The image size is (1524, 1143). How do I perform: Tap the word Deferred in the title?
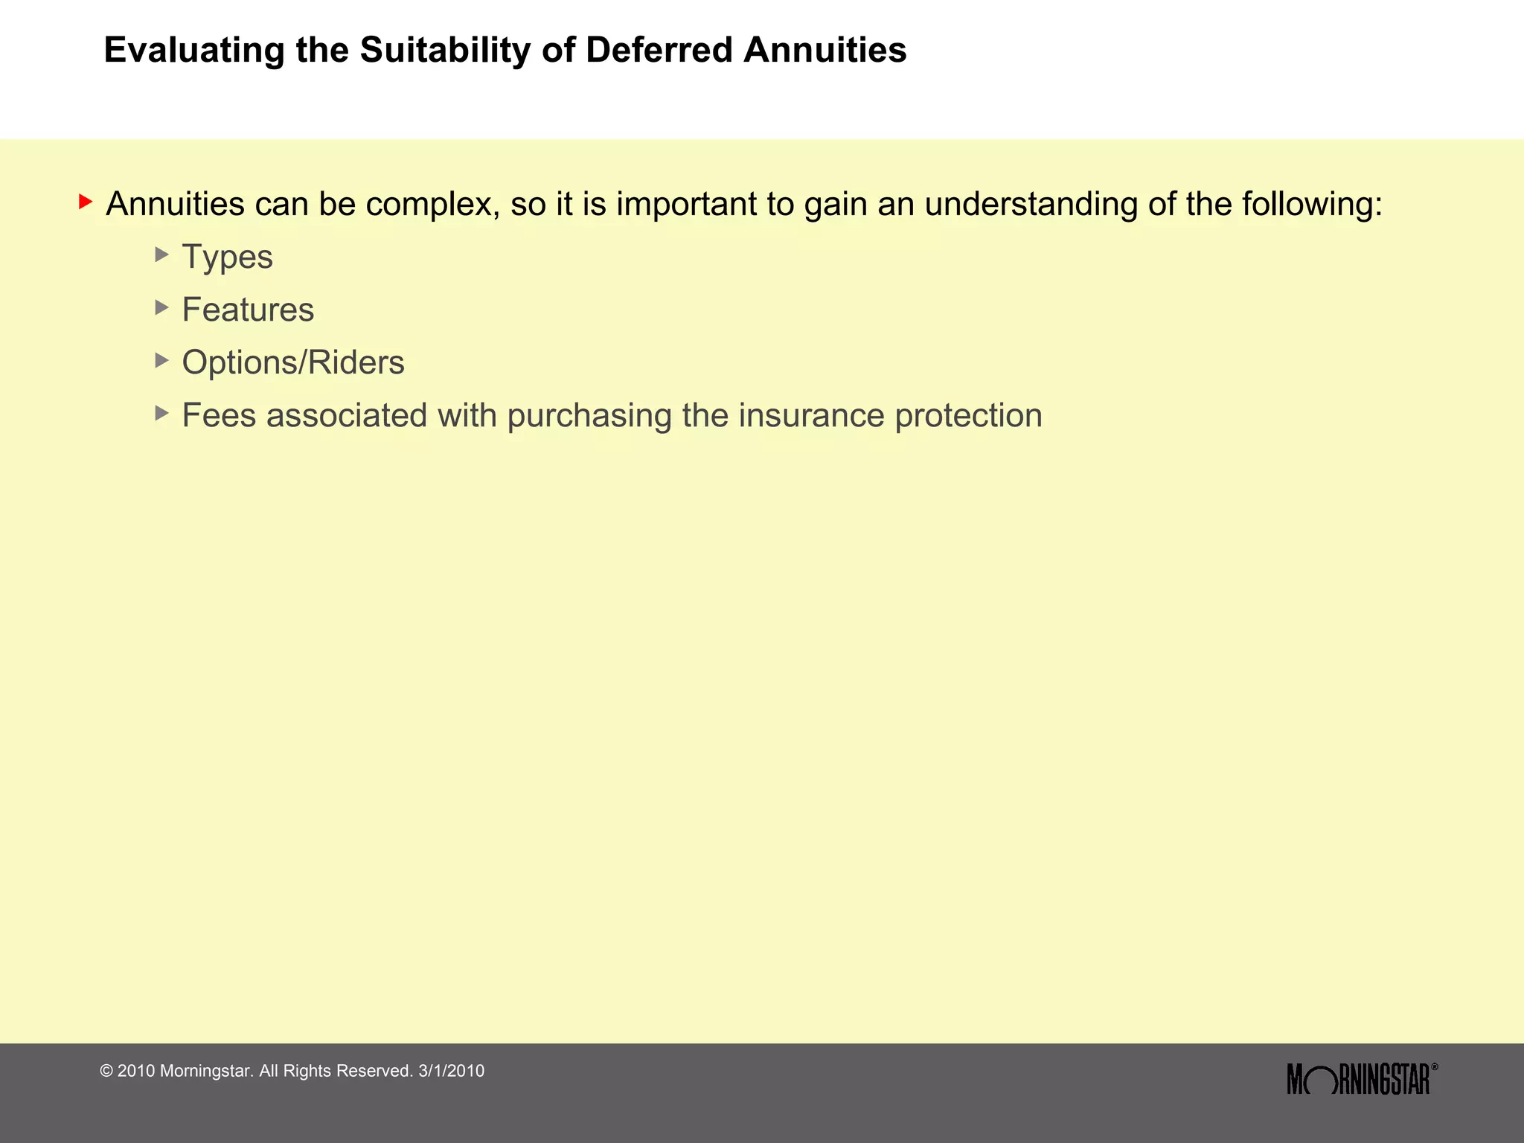coord(659,51)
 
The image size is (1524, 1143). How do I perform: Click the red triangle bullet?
coord(86,202)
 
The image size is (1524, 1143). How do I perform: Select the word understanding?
coord(1031,205)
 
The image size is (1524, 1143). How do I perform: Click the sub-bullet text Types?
coord(228,257)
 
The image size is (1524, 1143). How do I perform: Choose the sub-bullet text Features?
coord(248,310)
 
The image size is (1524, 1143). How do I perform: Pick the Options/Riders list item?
coord(293,362)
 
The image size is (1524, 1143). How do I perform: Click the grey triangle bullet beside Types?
coord(161,254)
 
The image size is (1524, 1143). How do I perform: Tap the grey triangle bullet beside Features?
coord(161,307)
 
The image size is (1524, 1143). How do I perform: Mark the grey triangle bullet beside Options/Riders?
coord(161,360)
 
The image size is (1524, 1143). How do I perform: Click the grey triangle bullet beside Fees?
coord(161,413)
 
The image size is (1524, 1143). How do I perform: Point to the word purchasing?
coord(589,416)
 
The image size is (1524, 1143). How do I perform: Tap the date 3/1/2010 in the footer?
coord(452,1071)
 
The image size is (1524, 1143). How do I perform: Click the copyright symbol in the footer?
coord(106,1072)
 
